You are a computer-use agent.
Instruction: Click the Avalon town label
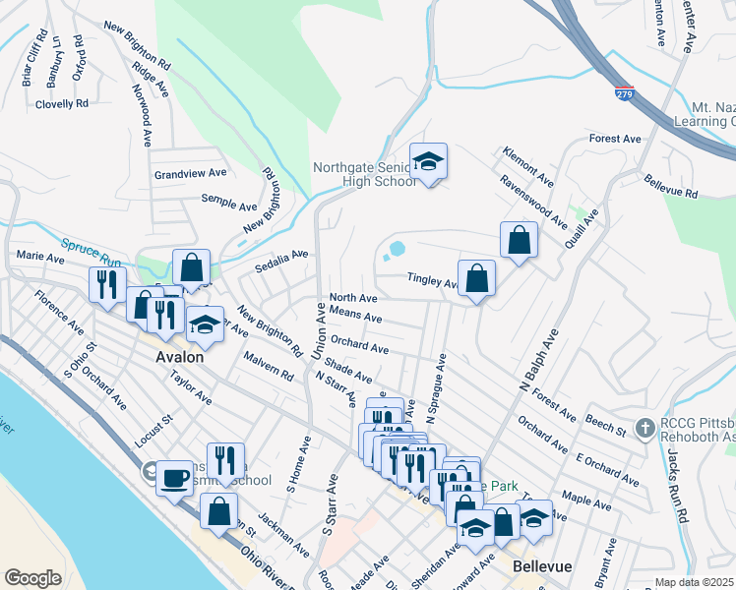pyautogui.click(x=180, y=357)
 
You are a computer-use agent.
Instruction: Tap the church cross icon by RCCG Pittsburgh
pyautogui.click(x=644, y=428)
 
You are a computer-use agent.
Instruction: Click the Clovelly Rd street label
pyautogui.click(x=62, y=103)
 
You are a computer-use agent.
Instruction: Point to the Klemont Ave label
pyautogui.click(x=527, y=166)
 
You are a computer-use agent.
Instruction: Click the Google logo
pyautogui.click(x=32, y=578)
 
